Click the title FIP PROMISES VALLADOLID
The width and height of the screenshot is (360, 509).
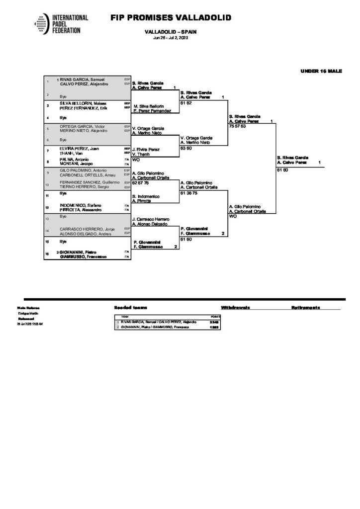click(x=171, y=18)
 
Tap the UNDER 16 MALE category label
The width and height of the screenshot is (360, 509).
click(x=321, y=72)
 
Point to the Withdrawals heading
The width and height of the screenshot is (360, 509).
click(x=236, y=308)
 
